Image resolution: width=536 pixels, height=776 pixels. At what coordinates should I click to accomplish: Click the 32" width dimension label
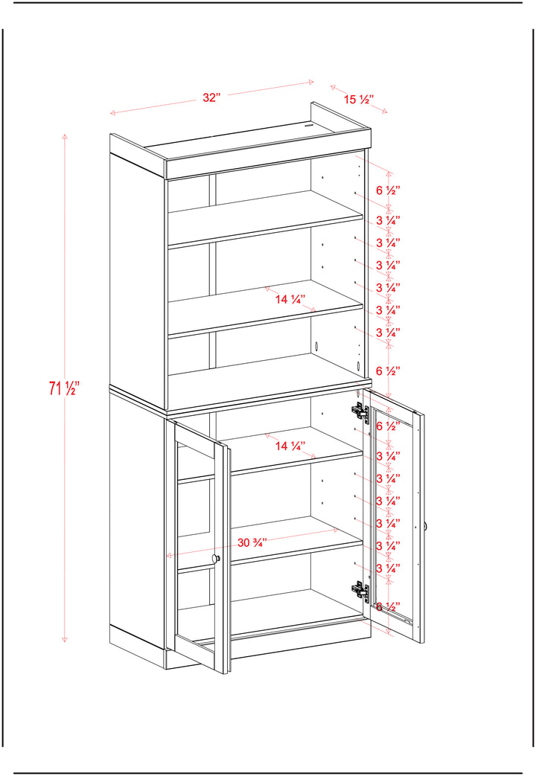[x=211, y=97]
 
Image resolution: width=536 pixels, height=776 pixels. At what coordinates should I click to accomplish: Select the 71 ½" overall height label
[x=64, y=388]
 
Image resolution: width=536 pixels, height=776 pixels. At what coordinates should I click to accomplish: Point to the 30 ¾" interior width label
[x=252, y=542]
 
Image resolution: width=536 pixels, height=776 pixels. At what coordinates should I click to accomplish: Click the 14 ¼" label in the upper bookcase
[x=290, y=299]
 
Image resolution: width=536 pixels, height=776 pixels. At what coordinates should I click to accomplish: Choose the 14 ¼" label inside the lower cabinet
[x=290, y=446]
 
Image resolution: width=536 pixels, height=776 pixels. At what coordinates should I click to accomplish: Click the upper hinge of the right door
[x=360, y=411]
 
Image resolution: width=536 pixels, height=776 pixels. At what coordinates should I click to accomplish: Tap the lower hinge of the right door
[x=360, y=591]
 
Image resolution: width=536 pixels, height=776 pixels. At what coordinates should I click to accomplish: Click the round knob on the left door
[x=216, y=559]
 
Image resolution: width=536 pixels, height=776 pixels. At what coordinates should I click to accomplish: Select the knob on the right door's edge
[x=426, y=527]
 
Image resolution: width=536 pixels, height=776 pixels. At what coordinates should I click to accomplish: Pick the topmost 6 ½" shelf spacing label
[x=388, y=190]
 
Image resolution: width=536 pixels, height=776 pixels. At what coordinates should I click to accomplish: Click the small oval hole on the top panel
[x=310, y=125]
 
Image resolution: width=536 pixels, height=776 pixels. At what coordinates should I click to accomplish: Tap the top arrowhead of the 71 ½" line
[x=65, y=135]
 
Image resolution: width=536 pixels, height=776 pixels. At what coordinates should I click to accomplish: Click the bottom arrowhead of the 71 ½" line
[x=65, y=639]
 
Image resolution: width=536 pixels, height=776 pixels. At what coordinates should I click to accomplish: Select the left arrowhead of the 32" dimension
[x=113, y=113]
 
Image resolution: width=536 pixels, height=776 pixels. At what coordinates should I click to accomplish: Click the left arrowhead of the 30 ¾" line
[x=168, y=555]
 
